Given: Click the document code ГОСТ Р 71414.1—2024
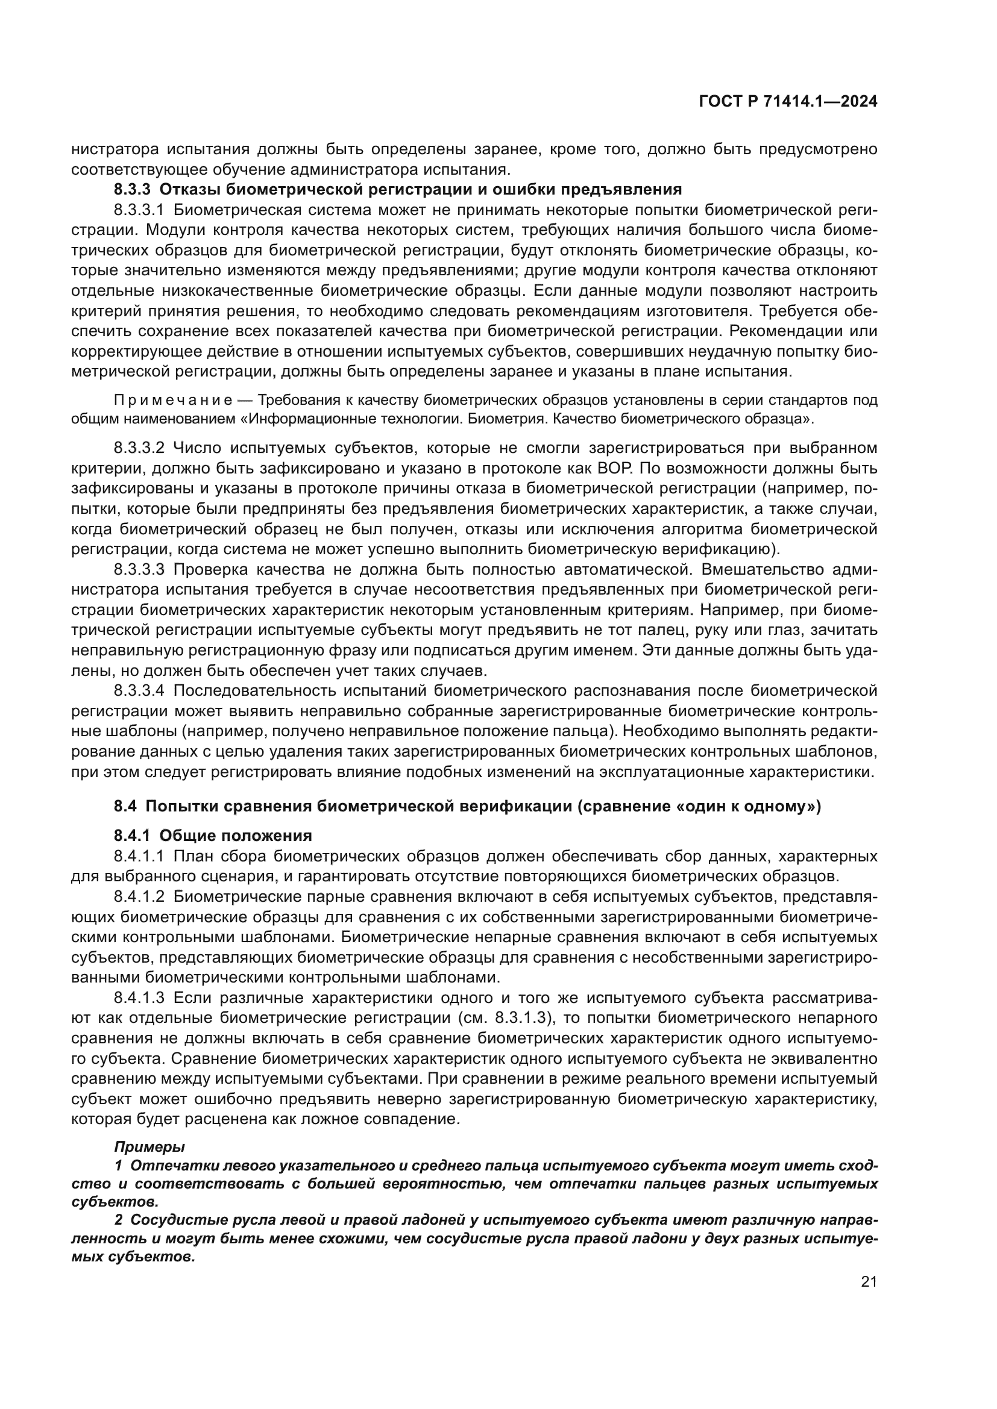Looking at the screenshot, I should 788,102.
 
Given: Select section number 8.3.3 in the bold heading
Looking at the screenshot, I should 132,189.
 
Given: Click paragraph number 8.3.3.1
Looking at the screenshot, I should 139,210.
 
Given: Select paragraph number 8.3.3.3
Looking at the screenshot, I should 139,569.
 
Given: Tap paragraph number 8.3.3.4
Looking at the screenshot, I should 139,691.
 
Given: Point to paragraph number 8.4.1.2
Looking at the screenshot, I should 139,896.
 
